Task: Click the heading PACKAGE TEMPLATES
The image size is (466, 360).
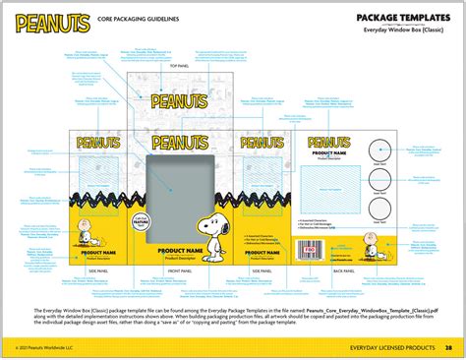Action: point(403,17)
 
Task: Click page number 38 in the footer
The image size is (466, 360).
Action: point(448,347)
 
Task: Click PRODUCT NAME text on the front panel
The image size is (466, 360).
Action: point(182,251)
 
